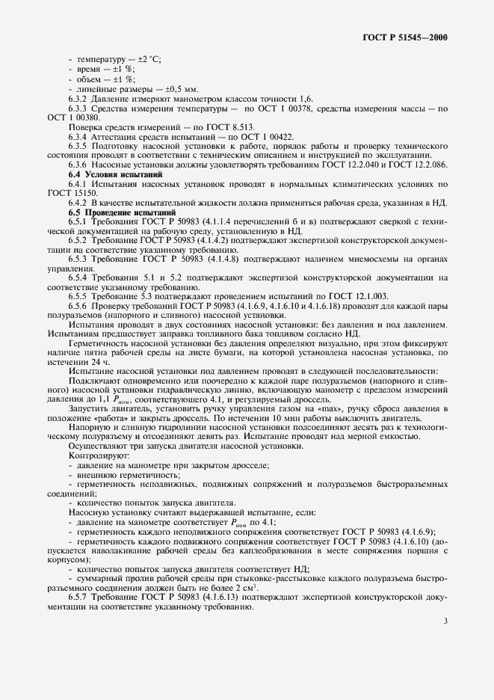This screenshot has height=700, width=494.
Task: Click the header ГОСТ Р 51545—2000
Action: pos(410,36)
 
